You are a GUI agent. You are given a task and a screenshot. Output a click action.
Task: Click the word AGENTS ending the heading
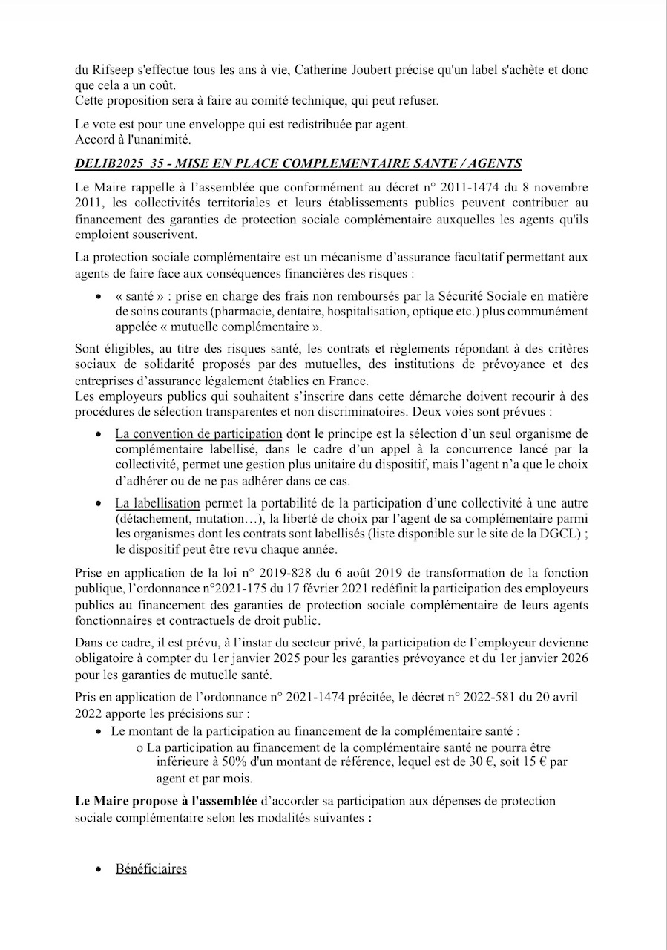point(496,164)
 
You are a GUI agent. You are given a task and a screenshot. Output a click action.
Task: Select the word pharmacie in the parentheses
point(240,312)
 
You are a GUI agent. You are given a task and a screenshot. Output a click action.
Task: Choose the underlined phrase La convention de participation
point(198,434)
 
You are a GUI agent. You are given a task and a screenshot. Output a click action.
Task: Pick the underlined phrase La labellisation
point(157,504)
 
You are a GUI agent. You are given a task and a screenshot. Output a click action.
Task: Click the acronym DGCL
point(560,534)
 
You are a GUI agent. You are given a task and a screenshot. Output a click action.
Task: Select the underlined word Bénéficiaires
point(151,869)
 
